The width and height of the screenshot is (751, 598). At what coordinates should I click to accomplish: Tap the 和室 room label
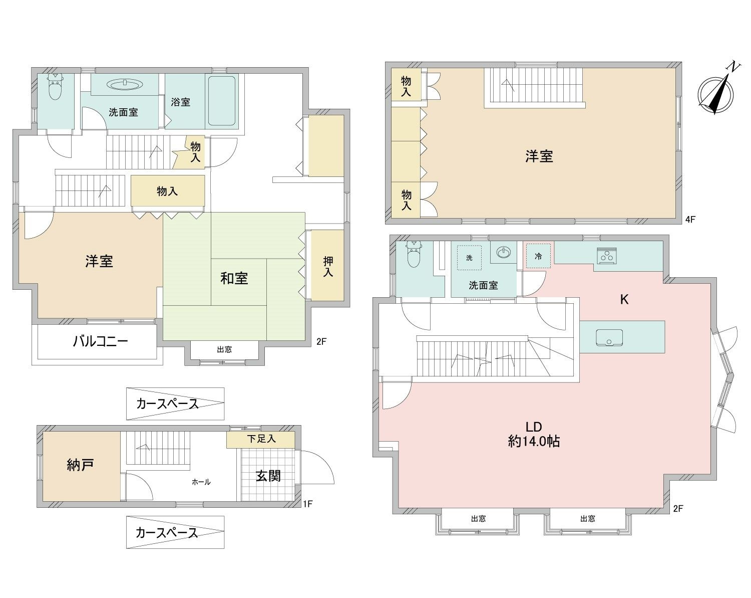coord(234,278)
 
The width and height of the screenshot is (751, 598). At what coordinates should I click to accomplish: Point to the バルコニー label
coord(101,342)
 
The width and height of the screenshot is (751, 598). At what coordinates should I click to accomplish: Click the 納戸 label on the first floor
coord(81,465)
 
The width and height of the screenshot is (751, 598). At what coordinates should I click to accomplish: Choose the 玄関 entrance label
coord(268,476)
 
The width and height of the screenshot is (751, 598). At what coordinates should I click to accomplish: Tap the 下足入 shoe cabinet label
coord(261,439)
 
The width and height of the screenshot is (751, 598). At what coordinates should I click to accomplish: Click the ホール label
coord(201,482)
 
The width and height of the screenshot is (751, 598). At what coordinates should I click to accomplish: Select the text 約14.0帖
coord(534,442)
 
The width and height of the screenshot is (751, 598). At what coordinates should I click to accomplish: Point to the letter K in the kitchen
coord(624,300)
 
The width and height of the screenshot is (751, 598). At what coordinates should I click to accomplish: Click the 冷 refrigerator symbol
coord(538,257)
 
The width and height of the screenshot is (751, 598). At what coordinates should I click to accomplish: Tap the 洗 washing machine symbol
coord(469,258)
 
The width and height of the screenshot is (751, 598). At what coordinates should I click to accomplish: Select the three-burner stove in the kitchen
coord(606,255)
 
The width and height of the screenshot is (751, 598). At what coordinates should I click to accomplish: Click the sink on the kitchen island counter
coord(609,337)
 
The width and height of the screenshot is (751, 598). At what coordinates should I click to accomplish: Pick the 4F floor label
coord(691,219)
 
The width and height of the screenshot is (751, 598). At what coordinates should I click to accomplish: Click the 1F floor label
coord(307,504)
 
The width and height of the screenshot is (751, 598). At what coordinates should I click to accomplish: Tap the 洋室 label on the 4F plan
coord(539,156)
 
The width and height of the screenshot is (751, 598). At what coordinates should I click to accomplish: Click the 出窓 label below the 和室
coord(224,349)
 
